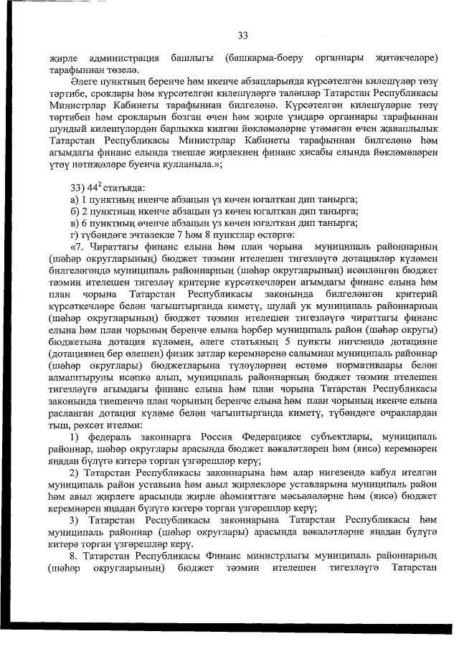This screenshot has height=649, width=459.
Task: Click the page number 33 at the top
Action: [x=242, y=36]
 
